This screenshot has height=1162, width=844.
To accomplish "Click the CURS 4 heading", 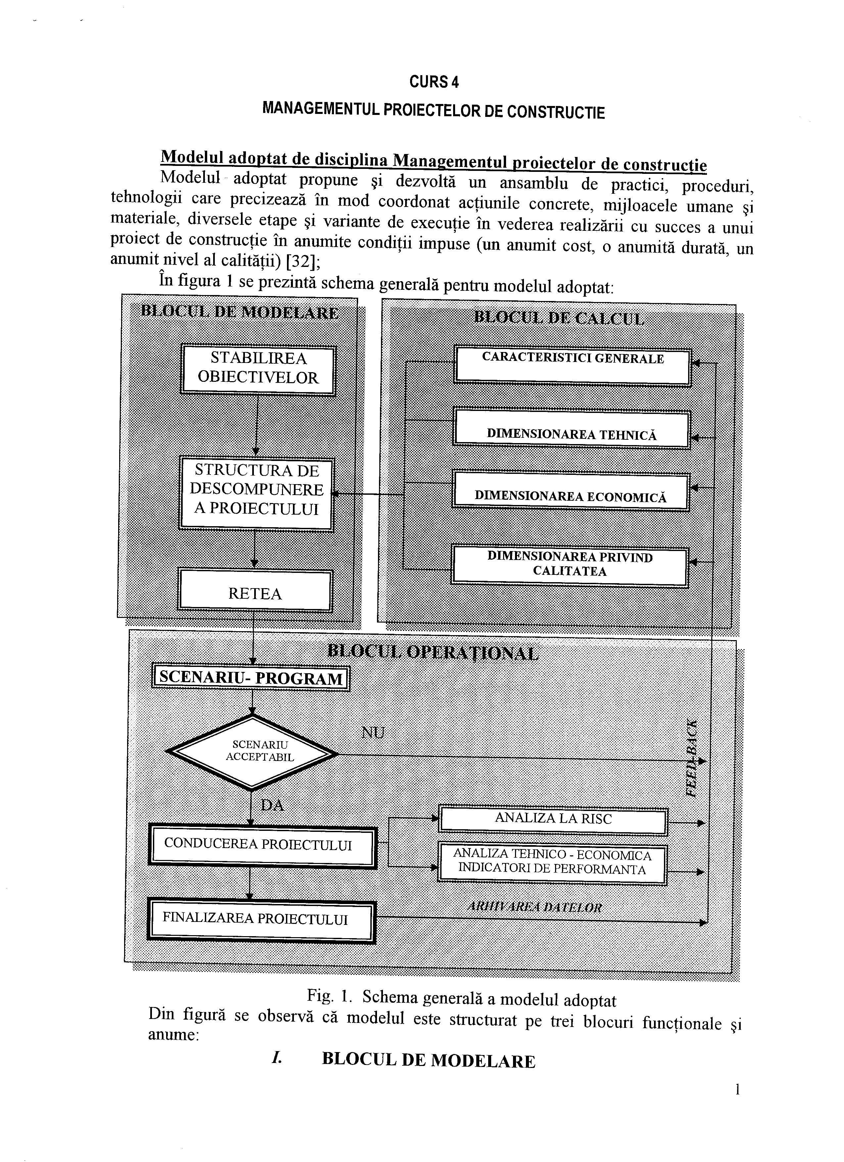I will [434, 82].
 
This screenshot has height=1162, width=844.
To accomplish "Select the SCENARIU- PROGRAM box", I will [251, 678].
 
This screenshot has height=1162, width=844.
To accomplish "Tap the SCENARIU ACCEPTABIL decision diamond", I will [252, 752].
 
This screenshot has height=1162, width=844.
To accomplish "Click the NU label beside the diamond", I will [373, 732].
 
